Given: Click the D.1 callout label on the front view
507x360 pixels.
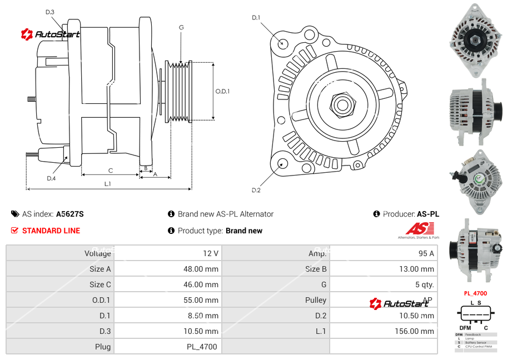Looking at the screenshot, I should pos(256,18).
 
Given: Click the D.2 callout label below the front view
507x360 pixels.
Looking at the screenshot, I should pos(256,191).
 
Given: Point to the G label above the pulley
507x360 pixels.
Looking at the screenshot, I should pos(181,27).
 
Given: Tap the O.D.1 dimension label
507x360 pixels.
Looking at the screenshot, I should pos(222,91).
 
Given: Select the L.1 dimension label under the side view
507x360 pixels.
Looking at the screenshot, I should pos(108,184).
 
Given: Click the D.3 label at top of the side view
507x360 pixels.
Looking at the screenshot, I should pos(50,12).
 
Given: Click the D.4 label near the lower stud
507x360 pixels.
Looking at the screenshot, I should pos(51,178).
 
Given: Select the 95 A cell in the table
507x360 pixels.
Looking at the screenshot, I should pos(426,253).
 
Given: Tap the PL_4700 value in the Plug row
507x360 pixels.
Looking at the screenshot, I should pos(202,347).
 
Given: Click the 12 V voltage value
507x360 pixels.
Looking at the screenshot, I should pos(210,253).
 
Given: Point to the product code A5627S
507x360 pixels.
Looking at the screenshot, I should pos(70,214).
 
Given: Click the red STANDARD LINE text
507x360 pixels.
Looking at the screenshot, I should pos(51,231).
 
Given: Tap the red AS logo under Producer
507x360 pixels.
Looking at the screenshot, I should pos(419,228).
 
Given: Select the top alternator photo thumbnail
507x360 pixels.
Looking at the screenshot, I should pos(475,41).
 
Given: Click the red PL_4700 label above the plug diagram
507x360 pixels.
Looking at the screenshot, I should pos(475,293).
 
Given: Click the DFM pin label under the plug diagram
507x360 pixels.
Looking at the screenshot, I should pos(465,328).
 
